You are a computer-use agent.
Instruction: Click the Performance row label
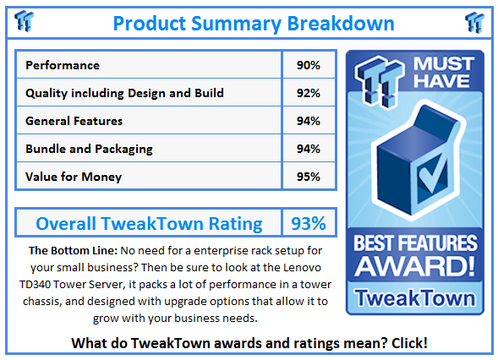click(x=63, y=65)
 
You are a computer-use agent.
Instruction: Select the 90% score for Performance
click(x=309, y=65)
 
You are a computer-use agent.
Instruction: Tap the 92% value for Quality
click(x=309, y=93)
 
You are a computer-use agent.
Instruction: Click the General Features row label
click(x=74, y=121)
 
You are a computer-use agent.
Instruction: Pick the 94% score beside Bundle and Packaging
click(x=309, y=149)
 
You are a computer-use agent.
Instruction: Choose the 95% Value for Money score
click(x=309, y=177)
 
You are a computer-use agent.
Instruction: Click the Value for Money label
click(x=74, y=177)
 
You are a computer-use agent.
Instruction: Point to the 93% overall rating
click(x=309, y=223)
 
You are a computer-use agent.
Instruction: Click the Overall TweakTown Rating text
click(x=149, y=223)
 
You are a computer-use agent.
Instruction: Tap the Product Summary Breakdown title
click(x=254, y=24)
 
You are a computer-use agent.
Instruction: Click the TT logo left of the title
click(x=24, y=21)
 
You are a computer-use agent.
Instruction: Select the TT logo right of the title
click(x=474, y=22)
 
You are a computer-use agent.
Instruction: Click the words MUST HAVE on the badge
click(x=444, y=73)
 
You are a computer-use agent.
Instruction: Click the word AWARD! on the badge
click(x=415, y=266)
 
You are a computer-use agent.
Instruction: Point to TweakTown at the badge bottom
click(x=415, y=297)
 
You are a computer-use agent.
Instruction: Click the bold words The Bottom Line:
click(x=73, y=251)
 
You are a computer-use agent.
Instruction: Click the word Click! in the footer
click(x=409, y=343)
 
